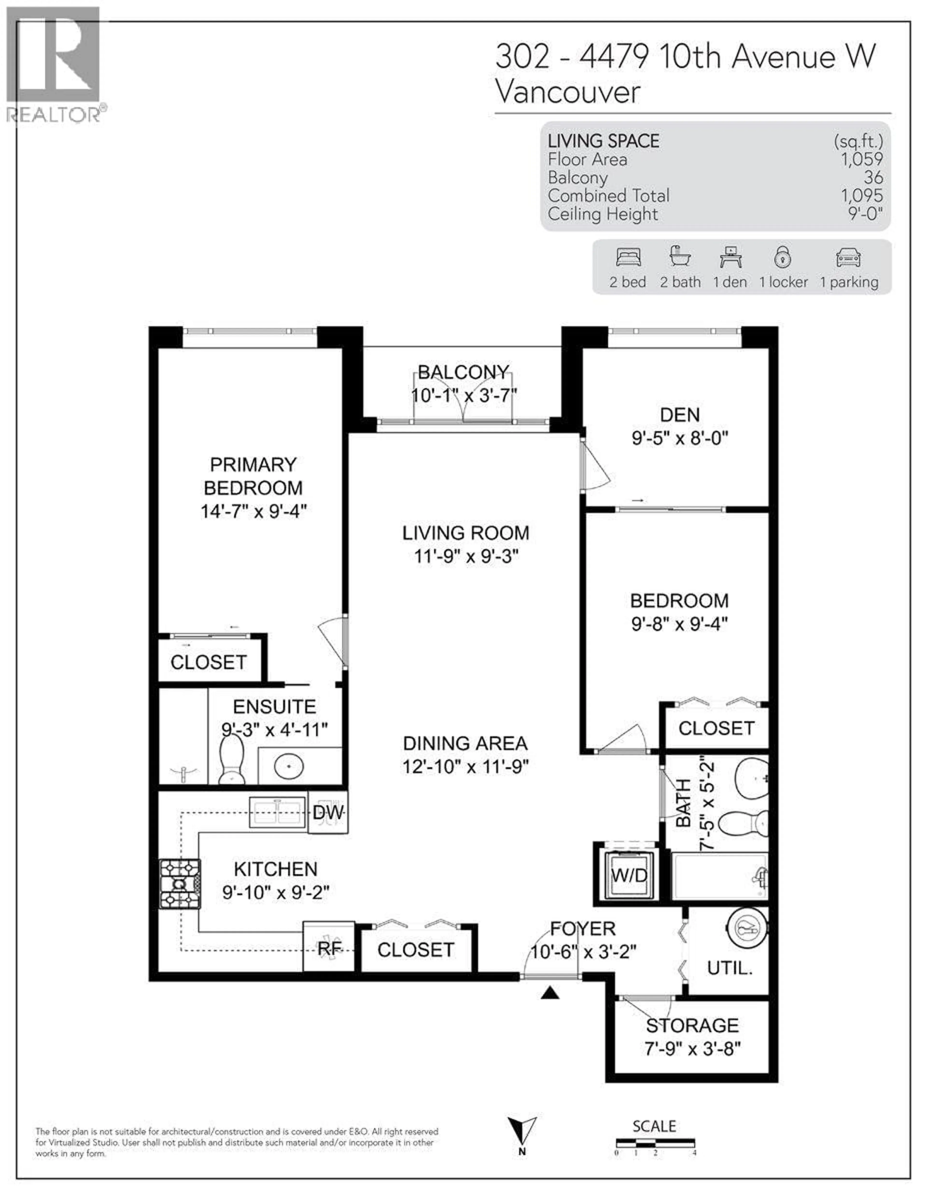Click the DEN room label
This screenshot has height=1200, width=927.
(x=680, y=415)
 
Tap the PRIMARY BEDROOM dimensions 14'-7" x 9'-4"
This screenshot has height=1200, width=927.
(x=253, y=512)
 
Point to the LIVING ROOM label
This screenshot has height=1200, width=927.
(x=465, y=533)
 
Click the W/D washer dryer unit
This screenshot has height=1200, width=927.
(x=629, y=875)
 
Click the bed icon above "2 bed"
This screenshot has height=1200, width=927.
(x=628, y=257)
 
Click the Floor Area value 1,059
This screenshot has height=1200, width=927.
(x=862, y=159)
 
